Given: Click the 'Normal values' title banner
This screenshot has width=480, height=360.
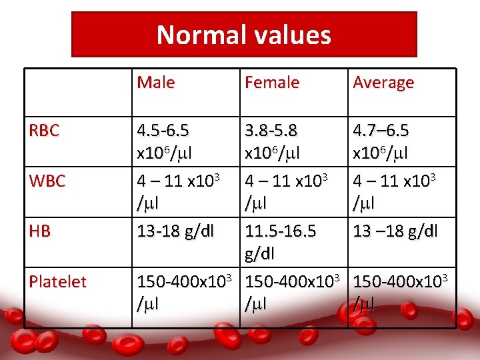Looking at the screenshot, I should pyautogui.click(x=244, y=35).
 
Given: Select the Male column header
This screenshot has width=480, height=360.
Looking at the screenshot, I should pyautogui.click(x=156, y=83).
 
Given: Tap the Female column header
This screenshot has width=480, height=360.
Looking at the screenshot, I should pyautogui.click(x=272, y=83).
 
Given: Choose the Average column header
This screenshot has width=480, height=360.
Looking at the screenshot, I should pyautogui.click(x=383, y=83).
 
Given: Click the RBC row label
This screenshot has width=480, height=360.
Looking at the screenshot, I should pyautogui.click(x=44, y=131).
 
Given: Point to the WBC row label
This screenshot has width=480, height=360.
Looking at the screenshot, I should pyautogui.click(x=47, y=181).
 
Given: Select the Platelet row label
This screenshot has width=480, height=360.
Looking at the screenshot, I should pyautogui.click(x=58, y=281).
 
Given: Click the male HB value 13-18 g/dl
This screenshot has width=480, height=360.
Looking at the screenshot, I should pyautogui.click(x=175, y=231).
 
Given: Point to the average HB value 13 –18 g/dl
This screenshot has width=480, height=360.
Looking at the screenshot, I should pyautogui.click(x=395, y=231).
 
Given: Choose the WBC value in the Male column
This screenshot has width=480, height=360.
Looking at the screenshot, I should pyautogui.click(x=179, y=190).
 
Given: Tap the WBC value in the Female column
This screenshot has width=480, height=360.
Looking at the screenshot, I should pyautogui.click(x=287, y=190).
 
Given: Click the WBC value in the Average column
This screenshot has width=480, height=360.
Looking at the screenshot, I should pyautogui.click(x=395, y=190).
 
